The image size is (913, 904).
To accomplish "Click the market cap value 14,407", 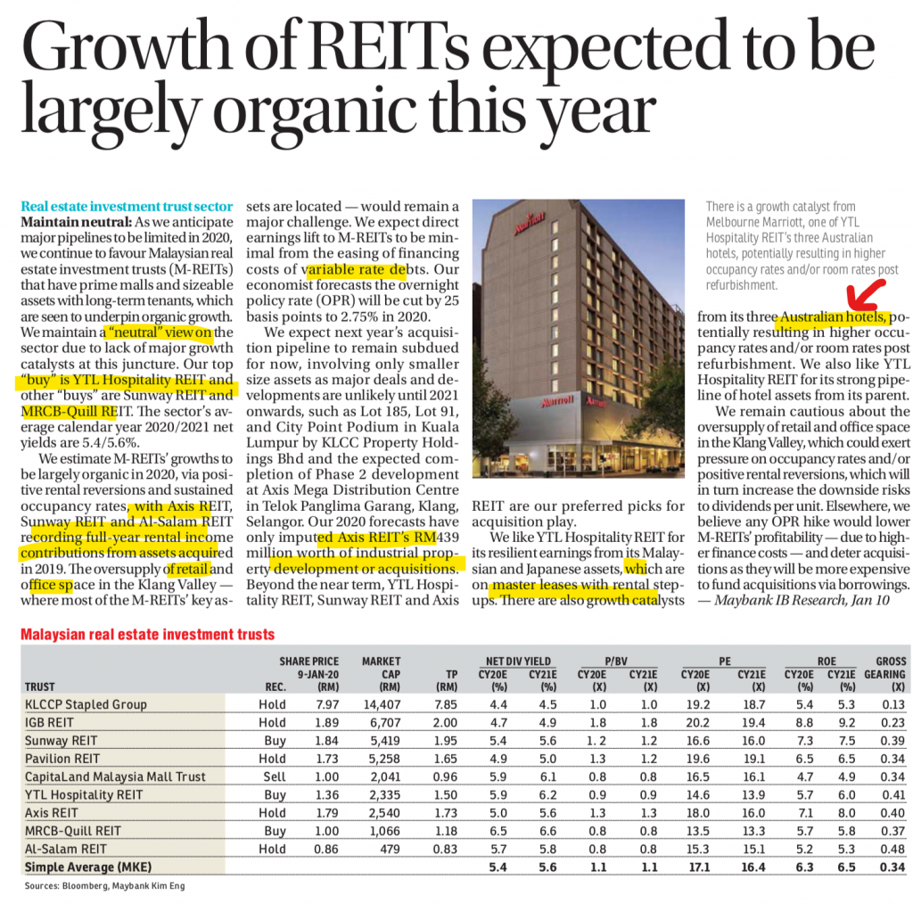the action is click(x=382, y=704).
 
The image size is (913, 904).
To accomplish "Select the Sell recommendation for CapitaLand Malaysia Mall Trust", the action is click(x=275, y=777).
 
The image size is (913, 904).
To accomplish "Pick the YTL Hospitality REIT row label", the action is click(x=83, y=795).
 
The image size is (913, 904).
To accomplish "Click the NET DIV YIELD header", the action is click(x=518, y=662).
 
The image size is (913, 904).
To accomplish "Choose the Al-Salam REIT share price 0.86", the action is click(x=326, y=849).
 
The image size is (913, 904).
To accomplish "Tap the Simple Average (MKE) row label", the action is click(x=88, y=867).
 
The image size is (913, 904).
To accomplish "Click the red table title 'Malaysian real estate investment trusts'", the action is click(x=147, y=634).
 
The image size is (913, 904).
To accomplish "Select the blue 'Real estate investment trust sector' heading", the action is click(x=127, y=206).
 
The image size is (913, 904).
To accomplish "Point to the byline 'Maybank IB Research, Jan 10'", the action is click(x=802, y=600).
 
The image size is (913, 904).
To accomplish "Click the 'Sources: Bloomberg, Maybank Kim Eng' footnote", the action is click(x=105, y=886).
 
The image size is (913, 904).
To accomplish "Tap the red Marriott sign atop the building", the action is click(x=530, y=222).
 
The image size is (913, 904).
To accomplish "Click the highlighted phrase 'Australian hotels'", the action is click(x=833, y=316).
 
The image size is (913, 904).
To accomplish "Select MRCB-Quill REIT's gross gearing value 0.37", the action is click(x=892, y=831).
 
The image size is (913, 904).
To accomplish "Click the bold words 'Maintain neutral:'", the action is click(x=77, y=222).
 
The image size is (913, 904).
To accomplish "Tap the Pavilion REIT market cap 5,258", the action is click(x=384, y=759).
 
